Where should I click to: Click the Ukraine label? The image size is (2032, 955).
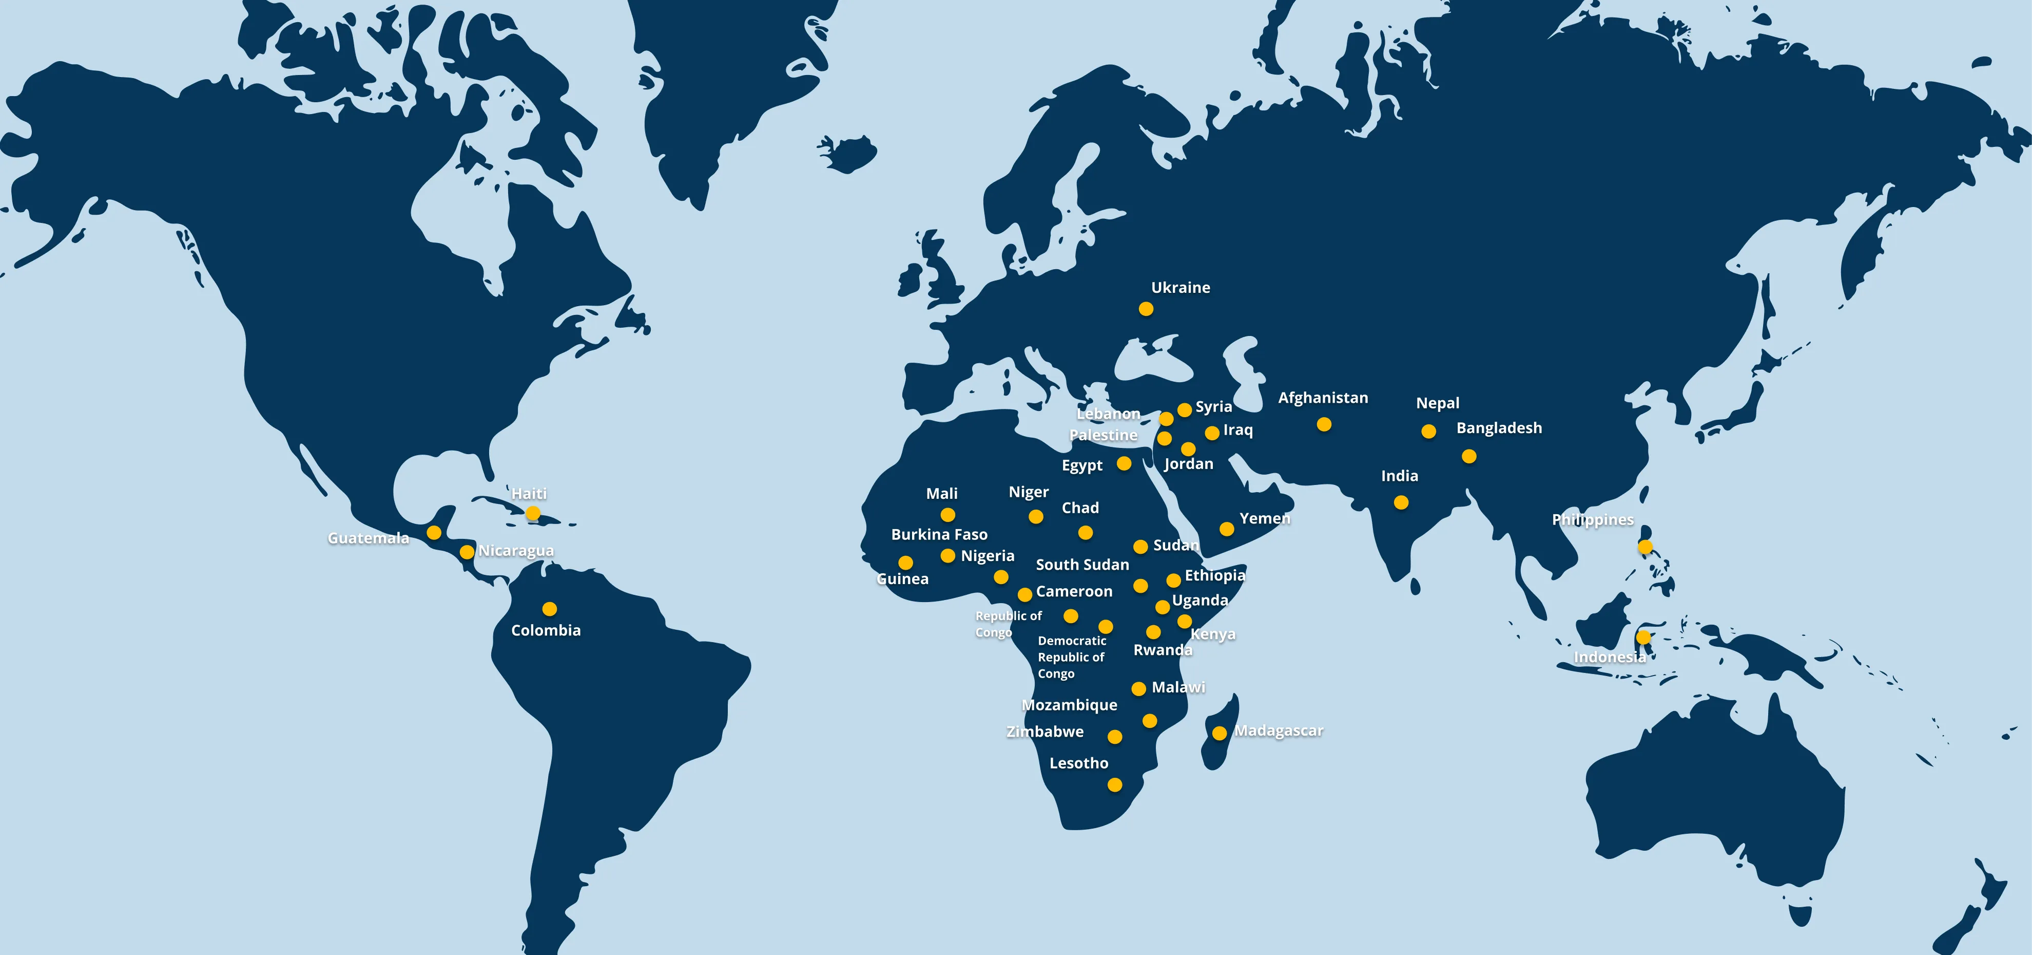tap(1180, 287)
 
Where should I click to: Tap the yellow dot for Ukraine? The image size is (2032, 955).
tap(1146, 309)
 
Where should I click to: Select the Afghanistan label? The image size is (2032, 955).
tap(1323, 398)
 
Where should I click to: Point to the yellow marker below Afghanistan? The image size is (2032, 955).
tap(1324, 425)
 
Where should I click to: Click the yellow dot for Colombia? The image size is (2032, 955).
tap(549, 609)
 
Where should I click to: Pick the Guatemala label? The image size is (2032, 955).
tap(369, 538)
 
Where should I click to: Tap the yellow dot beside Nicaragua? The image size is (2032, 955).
tap(467, 552)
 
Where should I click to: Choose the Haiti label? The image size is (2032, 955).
tap(529, 493)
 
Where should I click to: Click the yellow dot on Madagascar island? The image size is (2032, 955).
tap(1218, 733)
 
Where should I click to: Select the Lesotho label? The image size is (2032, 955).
tap(1078, 763)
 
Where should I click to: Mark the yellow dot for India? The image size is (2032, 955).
tap(1401, 502)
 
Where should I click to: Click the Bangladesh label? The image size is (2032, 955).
tap(1499, 428)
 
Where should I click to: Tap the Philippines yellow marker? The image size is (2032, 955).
tap(1644, 546)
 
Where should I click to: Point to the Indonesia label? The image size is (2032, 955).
tap(1609, 657)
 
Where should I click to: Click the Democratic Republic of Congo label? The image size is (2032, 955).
tap(1071, 657)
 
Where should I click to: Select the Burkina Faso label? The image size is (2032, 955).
tap(939, 534)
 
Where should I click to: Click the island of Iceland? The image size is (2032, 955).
tap(849, 153)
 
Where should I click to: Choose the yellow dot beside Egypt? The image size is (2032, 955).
tap(1124, 463)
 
